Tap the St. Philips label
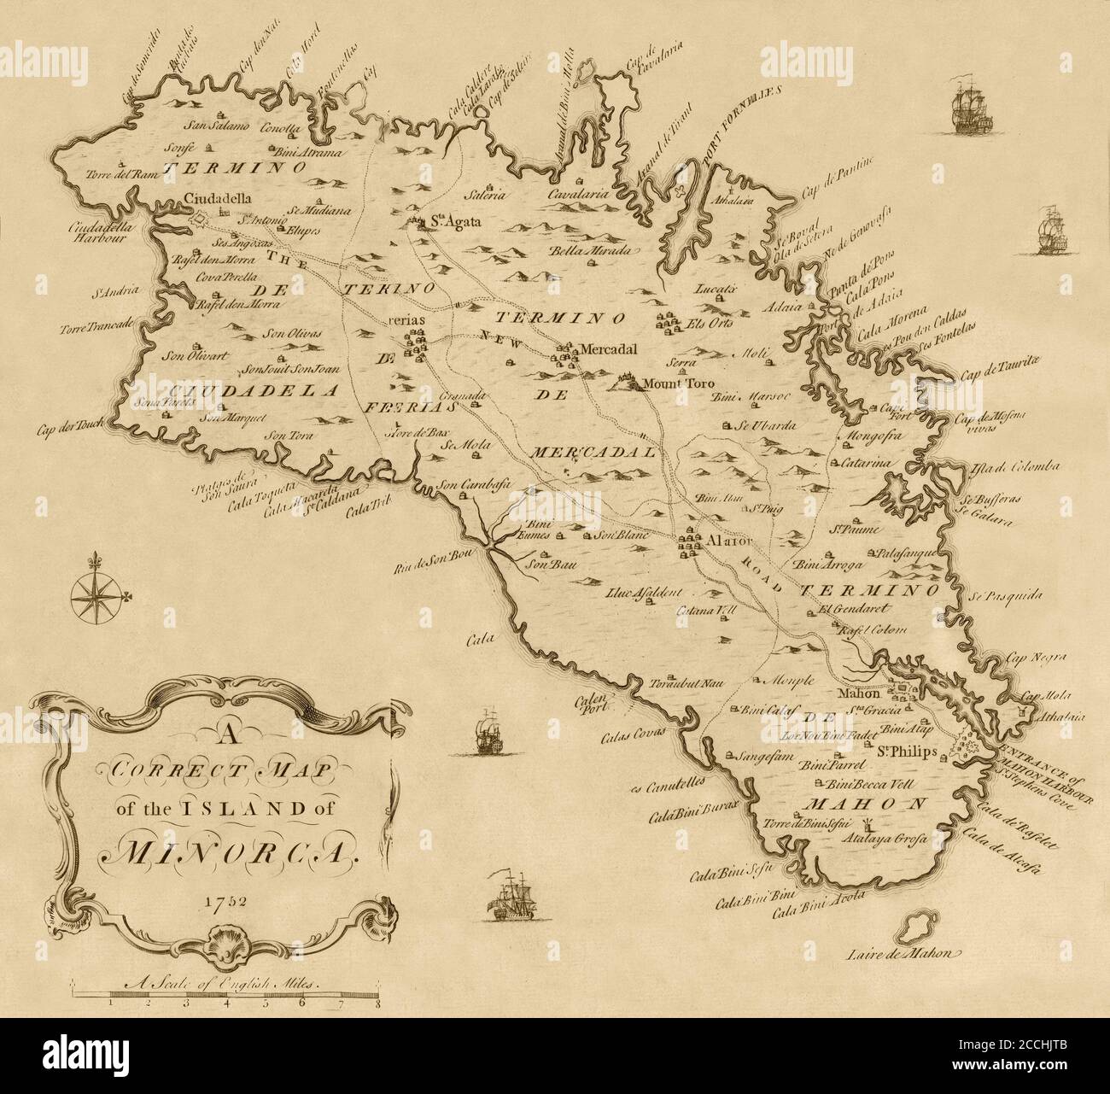coord(908,752)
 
